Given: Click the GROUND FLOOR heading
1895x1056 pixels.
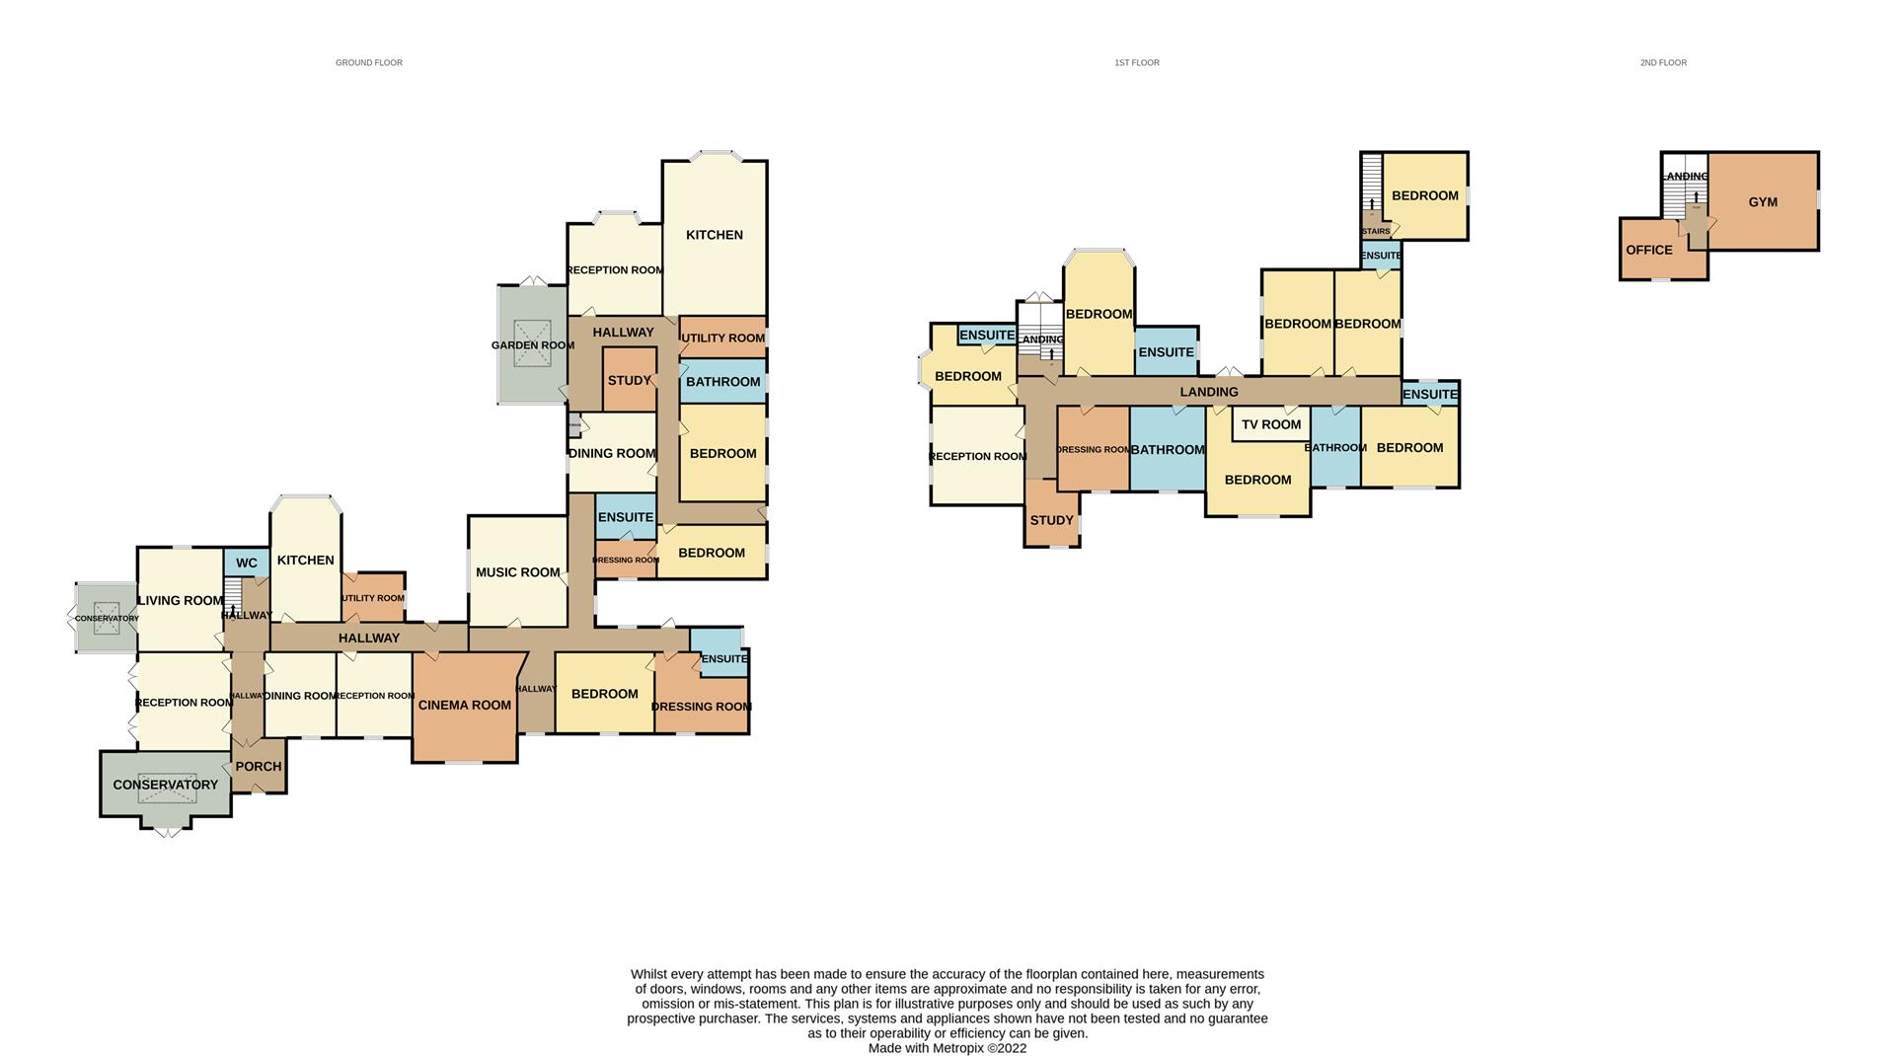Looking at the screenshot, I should [368, 62].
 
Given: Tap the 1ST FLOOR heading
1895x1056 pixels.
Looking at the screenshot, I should [1136, 62].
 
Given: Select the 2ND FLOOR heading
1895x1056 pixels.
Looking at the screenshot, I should [1663, 62].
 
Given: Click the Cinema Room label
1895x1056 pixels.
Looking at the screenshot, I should [464, 705].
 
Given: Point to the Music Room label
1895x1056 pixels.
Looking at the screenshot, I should [517, 572].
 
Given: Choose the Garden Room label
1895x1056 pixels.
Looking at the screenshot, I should [532, 345].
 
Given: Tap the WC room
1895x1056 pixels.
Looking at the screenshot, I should [246, 563].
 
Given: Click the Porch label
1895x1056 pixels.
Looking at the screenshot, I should [259, 766].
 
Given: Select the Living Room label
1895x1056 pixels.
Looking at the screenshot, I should [181, 600].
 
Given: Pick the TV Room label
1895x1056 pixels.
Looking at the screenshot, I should [1271, 424].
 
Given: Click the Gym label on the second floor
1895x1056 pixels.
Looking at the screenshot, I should [1762, 202].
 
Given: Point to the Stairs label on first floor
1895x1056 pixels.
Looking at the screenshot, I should [1375, 232].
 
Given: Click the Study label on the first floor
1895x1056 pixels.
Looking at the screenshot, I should [1051, 520].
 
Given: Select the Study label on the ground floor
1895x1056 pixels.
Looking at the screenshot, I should [629, 380].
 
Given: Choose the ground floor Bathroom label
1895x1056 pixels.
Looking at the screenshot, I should [722, 382].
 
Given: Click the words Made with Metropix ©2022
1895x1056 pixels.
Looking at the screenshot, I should [947, 1048].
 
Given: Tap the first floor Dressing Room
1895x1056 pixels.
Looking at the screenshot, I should [1093, 449].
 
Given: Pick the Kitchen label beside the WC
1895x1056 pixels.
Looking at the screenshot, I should [305, 560].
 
